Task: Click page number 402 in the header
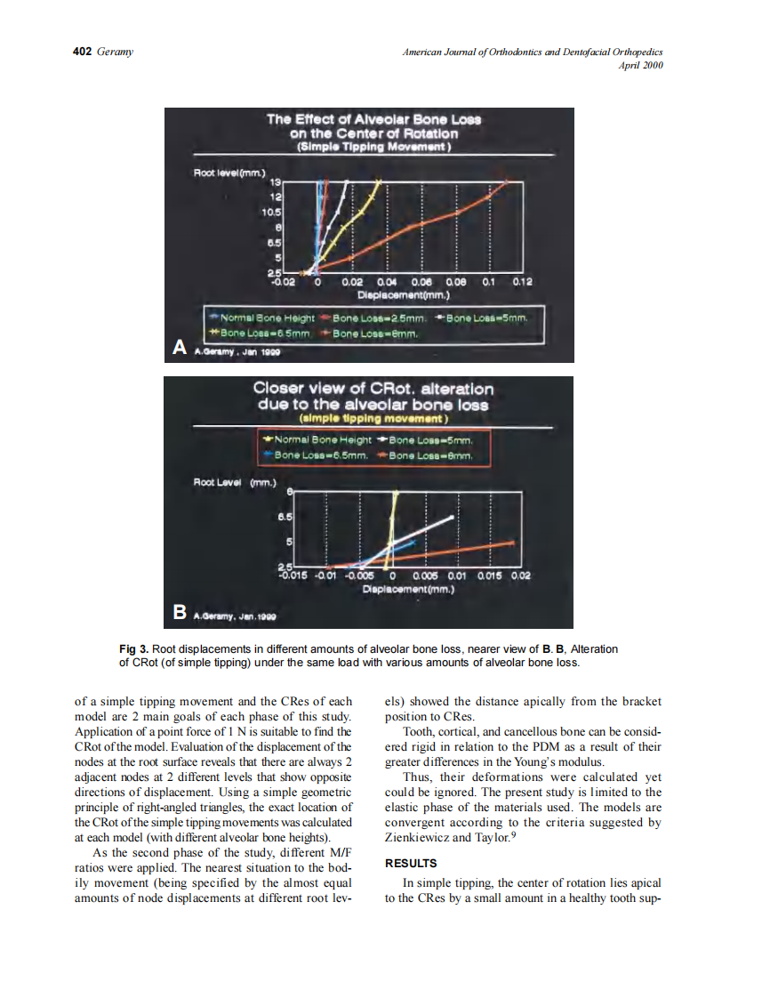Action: coord(81,52)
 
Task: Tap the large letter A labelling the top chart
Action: coord(179,346)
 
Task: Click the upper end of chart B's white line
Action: coord(453,517)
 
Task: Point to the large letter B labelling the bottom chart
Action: coord(180,612)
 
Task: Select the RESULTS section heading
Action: coord(411,863)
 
